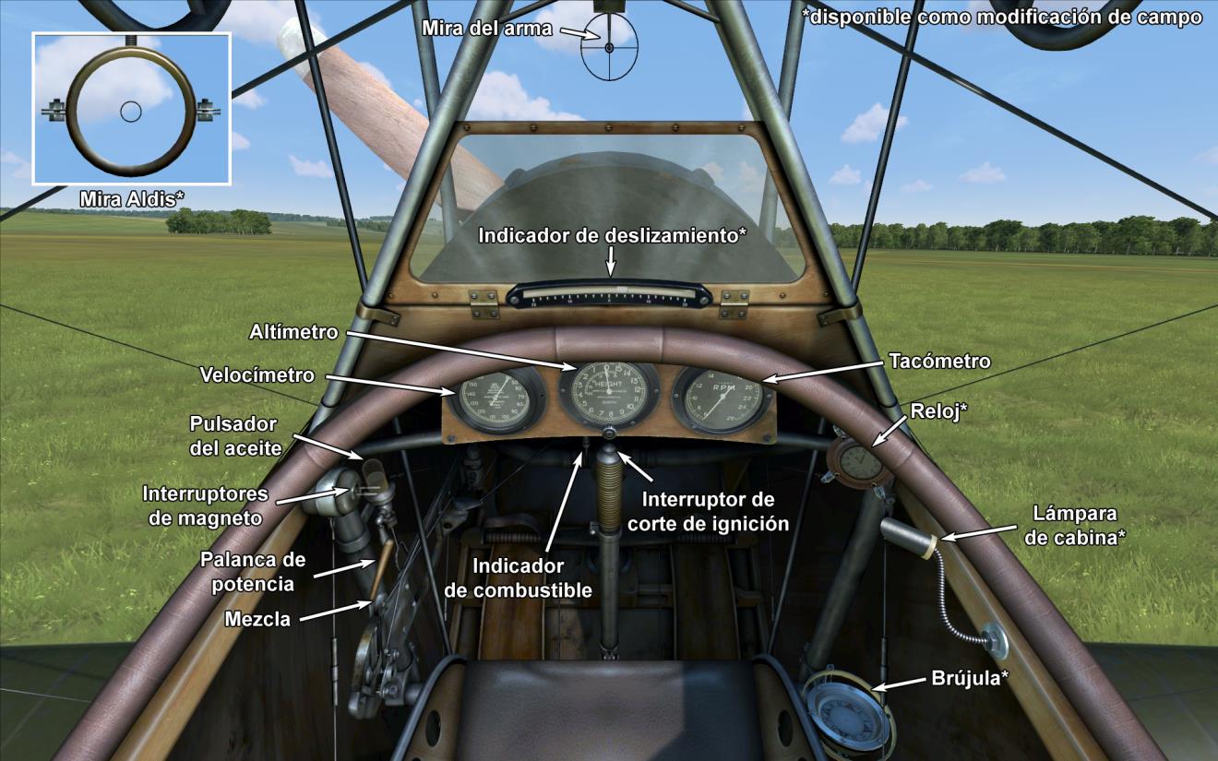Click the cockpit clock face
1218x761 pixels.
tap(860, 460)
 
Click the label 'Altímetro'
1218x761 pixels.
tap(293, 330)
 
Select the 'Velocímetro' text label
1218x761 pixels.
tap(257, 375)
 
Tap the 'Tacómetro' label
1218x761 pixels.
tap(939, 361)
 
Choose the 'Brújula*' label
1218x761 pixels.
tap(969, 679)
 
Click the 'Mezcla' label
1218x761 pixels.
tap(257, 620)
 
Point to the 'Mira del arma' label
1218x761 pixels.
tap(486, 29)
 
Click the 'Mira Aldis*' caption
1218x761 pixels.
tap(132, 198)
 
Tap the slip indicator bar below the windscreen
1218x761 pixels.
tap(609, 295)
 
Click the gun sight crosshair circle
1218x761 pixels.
tap(609, 46)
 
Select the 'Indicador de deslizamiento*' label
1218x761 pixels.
tap(612, 235)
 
